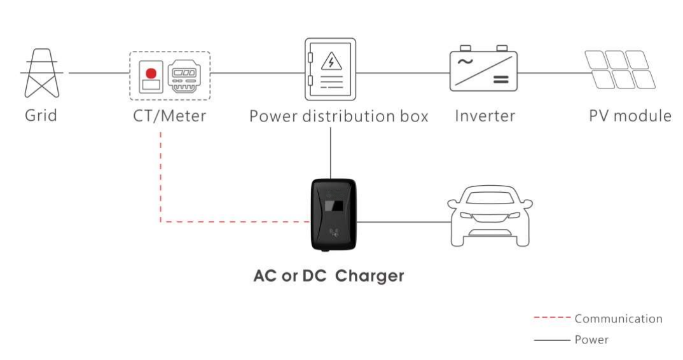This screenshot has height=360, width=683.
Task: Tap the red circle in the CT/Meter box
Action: pos(151,73)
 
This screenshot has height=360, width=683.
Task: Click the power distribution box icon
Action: pos(329,69)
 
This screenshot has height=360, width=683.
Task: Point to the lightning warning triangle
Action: pos(330,62)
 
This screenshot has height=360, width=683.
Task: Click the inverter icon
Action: pos(484,69)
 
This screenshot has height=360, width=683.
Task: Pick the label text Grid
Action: pos(41,116)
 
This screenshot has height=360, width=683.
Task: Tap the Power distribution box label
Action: pos(338,116)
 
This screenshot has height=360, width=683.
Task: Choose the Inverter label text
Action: pos(485,116)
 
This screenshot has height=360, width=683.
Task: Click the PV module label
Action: pos(630,116)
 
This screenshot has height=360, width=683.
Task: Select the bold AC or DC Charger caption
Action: pos(329,276)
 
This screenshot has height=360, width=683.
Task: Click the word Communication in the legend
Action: pos(618,319)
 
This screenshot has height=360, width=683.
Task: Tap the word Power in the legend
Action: pos(591,340)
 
